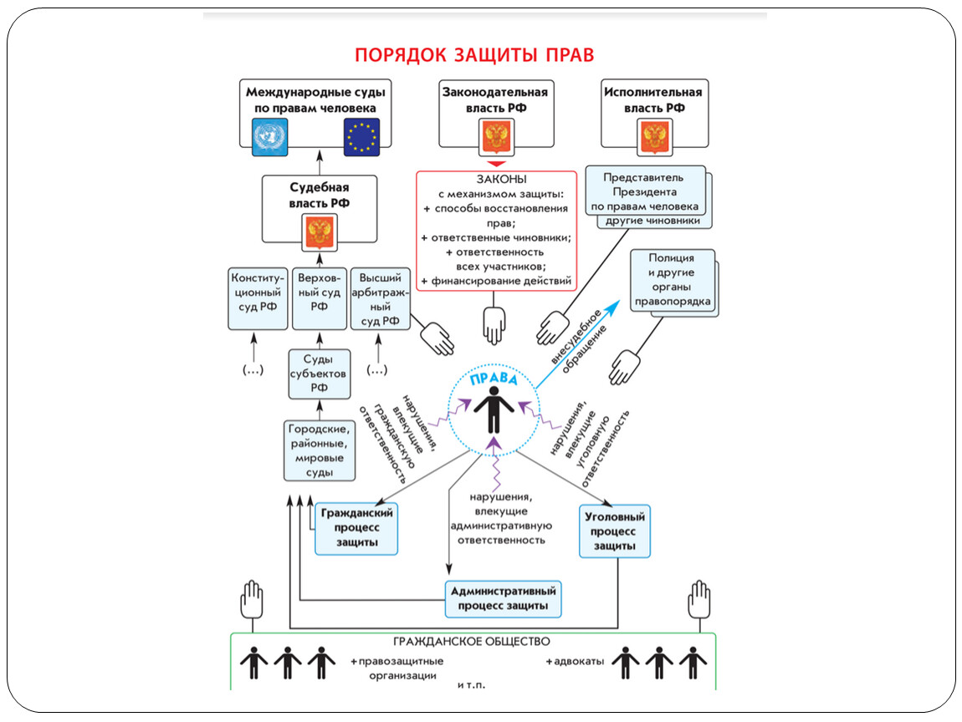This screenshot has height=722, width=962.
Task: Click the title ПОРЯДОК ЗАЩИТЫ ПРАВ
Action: [x=474, y=55]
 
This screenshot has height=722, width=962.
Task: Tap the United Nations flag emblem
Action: [x=269, y=137]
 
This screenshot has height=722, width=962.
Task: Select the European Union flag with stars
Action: [x=361, y=137]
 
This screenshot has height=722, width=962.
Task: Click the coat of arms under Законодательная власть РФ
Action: [x=496, y=137]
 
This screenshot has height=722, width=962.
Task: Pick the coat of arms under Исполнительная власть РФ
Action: [x=655, y=137]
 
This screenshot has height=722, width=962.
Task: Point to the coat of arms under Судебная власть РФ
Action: [x=320, y=232]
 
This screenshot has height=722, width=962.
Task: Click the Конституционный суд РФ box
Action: [x=258, y=298]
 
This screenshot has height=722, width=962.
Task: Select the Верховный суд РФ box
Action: [x=319, y=298]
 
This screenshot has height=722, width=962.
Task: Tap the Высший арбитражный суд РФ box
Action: [x=381, y=298]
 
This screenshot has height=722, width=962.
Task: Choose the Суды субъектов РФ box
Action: [x=319, y=374]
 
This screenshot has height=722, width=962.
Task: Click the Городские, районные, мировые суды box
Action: [x=319, y=450]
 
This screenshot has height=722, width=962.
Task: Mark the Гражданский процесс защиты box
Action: [x=356, y=528]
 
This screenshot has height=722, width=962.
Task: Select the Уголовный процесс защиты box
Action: [x=614, y=531]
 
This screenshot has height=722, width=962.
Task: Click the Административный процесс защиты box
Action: [x=503, y=599]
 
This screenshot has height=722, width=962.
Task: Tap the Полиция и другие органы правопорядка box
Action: [x=673, y=280]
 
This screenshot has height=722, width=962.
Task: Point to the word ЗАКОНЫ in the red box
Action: [x=502, y=180]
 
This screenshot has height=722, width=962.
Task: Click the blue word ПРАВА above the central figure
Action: [x=494, y=378]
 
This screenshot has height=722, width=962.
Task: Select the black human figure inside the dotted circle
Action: [x=494, y=409]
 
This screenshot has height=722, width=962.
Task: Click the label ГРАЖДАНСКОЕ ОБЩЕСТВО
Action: [x=472, y=642]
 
